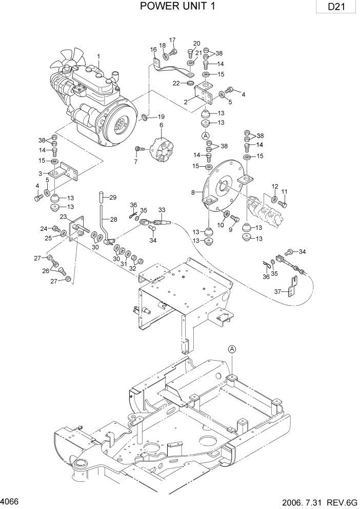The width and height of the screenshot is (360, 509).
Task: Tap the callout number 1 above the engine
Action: [98, 56]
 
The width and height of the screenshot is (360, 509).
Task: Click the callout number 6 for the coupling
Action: [161, 125]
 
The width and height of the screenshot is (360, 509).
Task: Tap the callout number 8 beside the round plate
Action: [193, 193]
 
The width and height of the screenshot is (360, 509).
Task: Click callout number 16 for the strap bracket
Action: [153, 49]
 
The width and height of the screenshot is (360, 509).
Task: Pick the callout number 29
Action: [113, 197]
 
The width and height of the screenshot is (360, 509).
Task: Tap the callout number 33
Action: [162, 210]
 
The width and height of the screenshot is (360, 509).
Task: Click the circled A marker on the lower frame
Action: [232, 349]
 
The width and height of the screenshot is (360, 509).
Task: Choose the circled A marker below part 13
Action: [206, 135]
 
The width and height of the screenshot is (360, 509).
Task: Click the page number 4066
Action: [9, 499]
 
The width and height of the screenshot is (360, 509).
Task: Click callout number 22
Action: [176, 83]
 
